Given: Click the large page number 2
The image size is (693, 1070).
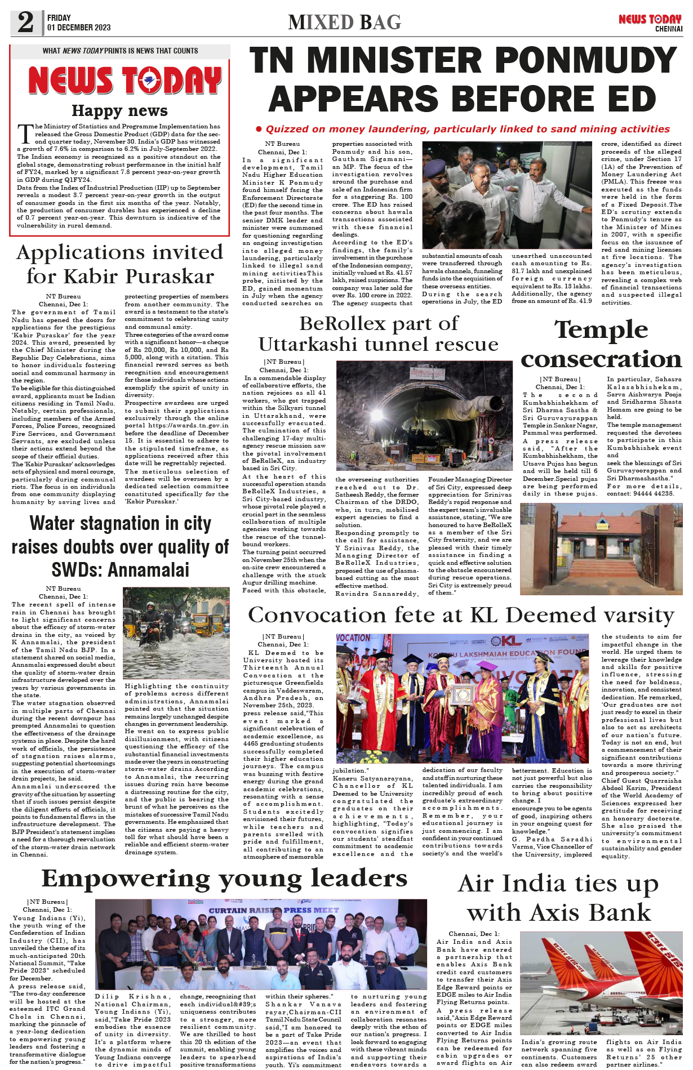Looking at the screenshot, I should [25, 23].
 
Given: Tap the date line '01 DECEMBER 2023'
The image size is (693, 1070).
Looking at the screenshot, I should [79, 28].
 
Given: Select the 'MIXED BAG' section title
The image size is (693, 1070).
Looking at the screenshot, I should [344, 23].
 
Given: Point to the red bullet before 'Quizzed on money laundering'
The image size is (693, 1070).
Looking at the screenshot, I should [259, 130].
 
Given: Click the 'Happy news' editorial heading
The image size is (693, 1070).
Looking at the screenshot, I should [119, 111].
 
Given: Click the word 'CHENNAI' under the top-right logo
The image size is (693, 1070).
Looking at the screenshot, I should [668, 29].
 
